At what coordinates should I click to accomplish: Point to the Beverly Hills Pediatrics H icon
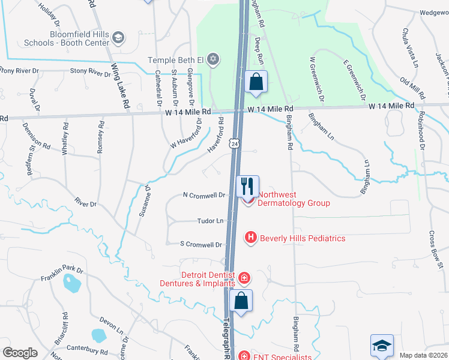click(x=251, y=238)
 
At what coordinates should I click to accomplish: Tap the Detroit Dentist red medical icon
click(x=244, y=278)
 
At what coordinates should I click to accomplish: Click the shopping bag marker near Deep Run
click(x=256, y=82)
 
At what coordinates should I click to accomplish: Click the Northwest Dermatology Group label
click(x=294, y=199)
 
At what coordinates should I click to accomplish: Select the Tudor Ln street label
click(x=211, y=221)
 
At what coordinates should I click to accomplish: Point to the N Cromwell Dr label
click(x=204, y=195)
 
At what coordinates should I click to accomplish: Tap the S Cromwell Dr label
click(x=202, y=244)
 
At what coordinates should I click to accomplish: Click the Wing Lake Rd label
click(x=120, y=87)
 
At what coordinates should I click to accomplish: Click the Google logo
click(x=20, y=353)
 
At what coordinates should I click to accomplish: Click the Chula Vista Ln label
click(x=411, y=47)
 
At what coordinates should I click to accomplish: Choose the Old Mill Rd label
click(x=413, y=89)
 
